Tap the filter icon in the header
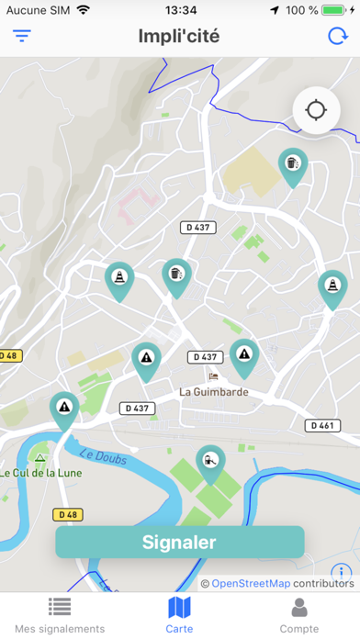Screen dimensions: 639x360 22,37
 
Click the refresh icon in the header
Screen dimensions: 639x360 337,37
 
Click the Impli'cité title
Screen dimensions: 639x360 179,37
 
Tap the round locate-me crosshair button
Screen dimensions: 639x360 316,110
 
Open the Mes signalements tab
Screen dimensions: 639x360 61,614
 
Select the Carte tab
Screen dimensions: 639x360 179,614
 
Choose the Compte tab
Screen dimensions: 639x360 298,614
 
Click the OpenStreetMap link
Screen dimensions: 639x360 252,583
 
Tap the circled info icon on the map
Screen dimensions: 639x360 341,574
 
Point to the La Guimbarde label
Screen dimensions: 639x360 214,391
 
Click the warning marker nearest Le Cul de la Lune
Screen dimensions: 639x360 64,409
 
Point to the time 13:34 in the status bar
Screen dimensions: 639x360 180,10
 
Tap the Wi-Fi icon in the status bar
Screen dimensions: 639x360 84,10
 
